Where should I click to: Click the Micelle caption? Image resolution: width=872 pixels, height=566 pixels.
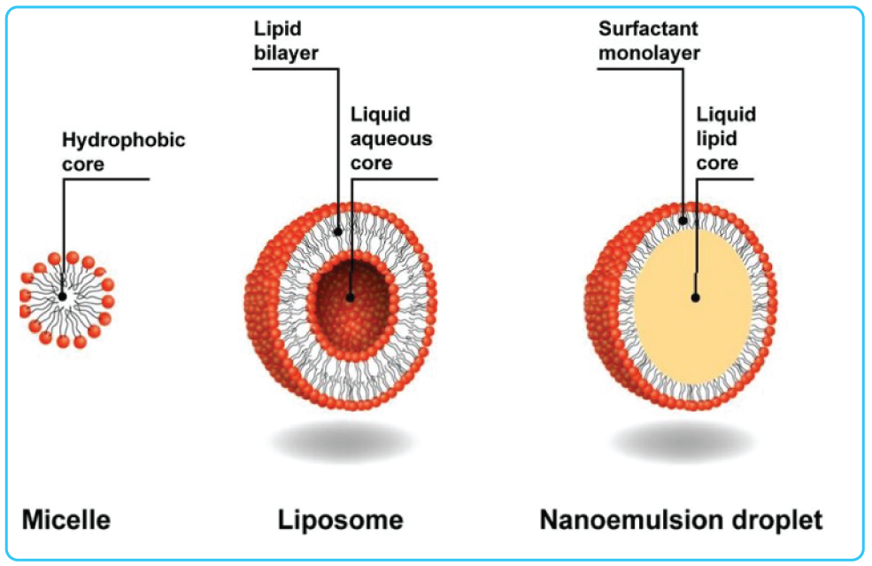(66, 519)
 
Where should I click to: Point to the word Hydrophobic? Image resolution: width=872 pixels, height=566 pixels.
(124, 140)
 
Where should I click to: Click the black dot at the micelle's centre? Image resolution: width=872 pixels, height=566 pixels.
(62, 296)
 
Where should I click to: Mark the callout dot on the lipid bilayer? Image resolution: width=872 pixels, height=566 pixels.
(338, 230)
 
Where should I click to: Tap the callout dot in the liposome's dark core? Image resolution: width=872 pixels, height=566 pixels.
(351, 298)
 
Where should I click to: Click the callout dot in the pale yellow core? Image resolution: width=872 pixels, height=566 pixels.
(697, 298)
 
